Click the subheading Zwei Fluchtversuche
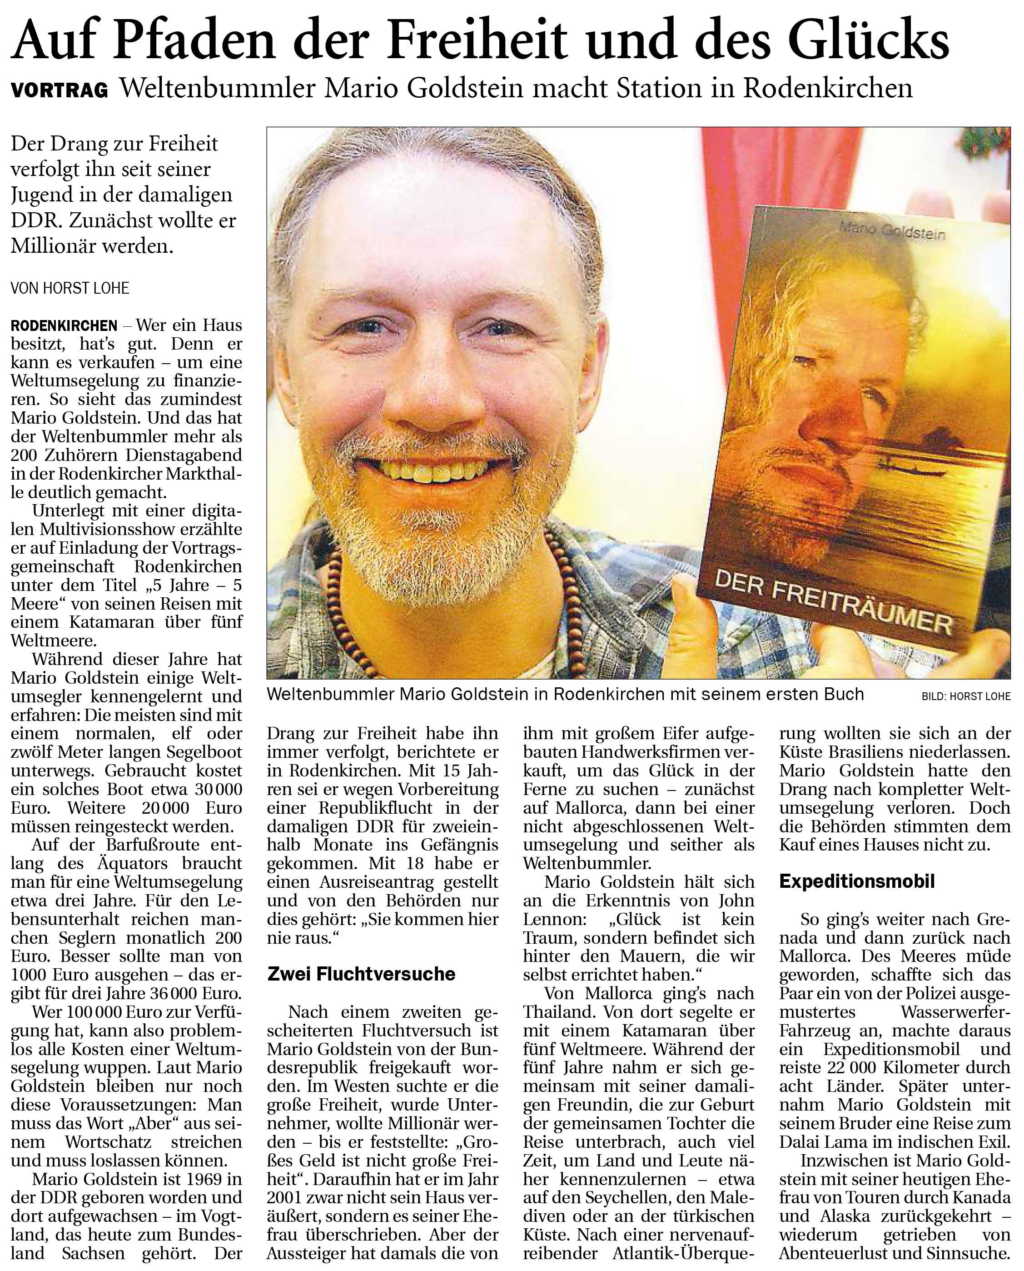361,974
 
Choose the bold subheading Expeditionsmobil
857,881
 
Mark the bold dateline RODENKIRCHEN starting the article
64,326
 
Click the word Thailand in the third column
553,1012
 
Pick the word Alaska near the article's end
842,1216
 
